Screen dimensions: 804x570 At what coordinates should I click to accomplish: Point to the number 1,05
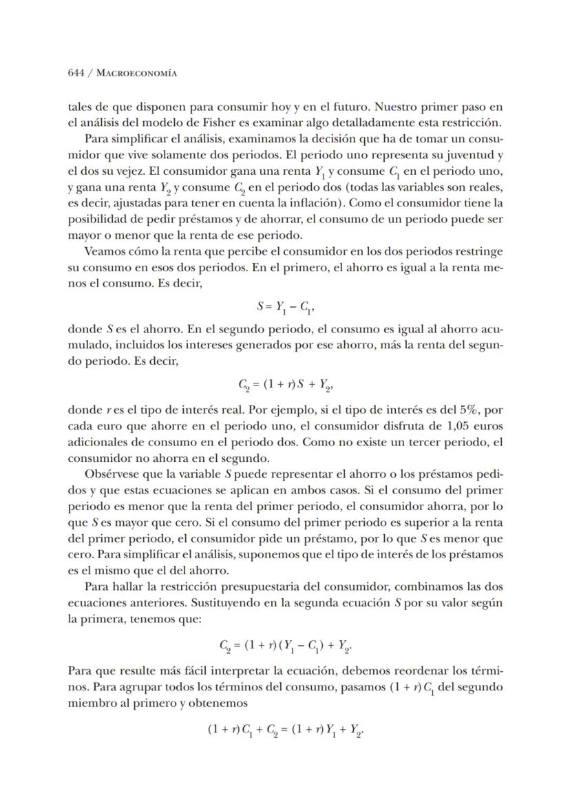458,433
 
